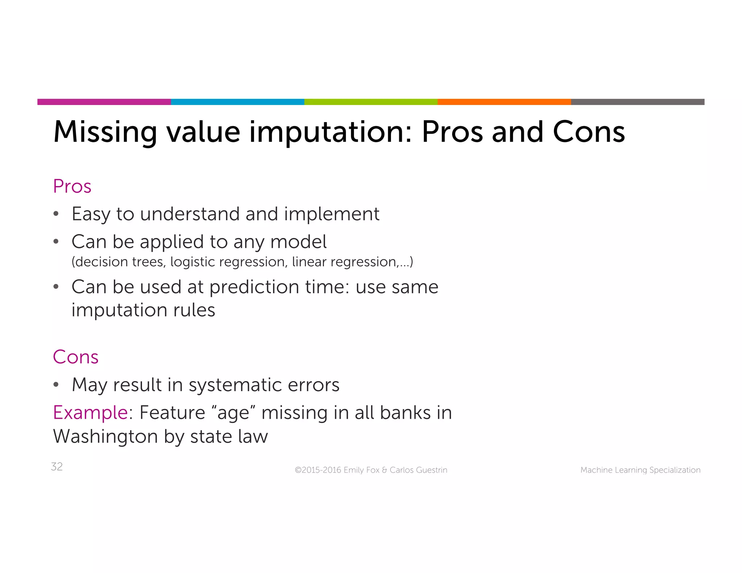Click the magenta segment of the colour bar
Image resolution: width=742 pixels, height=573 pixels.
point(104,102)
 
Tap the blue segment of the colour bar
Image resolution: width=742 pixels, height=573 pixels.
point(237,102)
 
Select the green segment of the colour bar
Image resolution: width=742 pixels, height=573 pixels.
point(371,102)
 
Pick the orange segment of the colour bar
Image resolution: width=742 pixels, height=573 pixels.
point(504,102)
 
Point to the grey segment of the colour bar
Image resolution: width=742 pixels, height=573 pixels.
point(637,102)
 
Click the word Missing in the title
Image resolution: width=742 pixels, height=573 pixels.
point(105,132)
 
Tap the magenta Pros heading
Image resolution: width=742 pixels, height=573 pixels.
point(72,187)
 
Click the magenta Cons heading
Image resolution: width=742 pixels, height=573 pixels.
point(76,357)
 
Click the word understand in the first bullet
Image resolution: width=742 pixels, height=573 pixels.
point(189,214)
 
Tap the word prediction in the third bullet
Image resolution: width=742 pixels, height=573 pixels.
point(254,287)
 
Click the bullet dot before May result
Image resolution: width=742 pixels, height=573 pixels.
point(56,385)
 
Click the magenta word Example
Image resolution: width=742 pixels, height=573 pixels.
point(90,413)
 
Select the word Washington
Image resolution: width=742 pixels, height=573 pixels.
point(105,436)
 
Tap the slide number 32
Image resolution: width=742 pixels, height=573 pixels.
point(57,467)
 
